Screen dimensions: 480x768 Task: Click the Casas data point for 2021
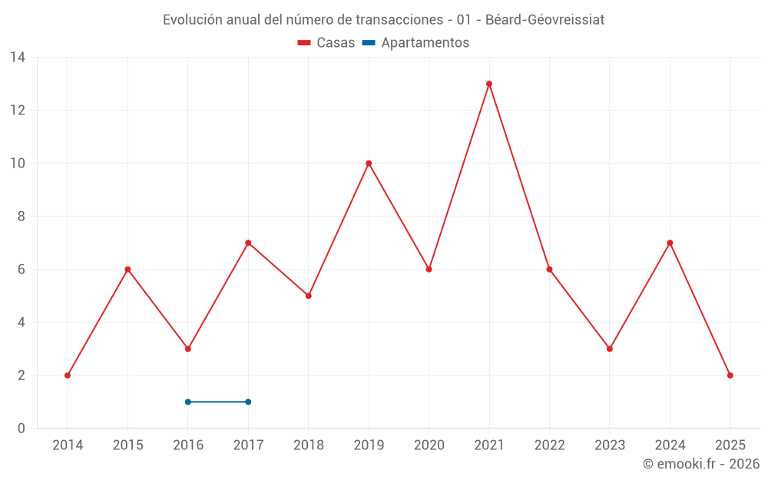pos(489,84)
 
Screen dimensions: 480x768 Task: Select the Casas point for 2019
pos(369,163)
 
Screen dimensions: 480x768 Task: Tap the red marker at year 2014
pos(68,376)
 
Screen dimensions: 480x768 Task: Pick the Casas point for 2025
pos(730,376)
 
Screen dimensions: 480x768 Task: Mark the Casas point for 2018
pos(309,296)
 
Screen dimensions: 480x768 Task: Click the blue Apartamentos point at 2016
pos(188,402)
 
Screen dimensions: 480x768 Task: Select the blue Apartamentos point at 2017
pos(248,402)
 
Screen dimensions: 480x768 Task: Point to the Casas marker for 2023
pos(610,349)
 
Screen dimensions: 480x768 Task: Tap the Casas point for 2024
pos(670,243)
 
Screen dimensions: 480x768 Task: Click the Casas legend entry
pos(326,43)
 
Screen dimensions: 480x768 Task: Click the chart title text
pos(383,20)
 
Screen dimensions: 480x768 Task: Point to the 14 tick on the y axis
pos(18,58)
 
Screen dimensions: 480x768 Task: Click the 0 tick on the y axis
pos(22,429)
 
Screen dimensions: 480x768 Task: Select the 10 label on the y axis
pos(18,164)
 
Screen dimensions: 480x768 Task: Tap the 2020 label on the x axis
pos(429,445)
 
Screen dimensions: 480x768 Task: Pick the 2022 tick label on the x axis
pos(550,445)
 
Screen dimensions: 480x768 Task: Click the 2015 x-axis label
pos(127,445)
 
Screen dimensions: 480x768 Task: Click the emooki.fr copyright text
pos(701,464)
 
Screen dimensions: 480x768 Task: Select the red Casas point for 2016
pos(188,349)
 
